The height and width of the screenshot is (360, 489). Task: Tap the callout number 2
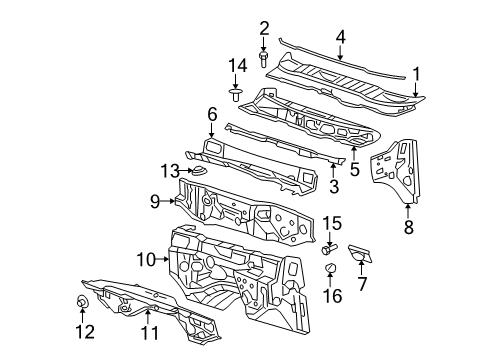[265, 27]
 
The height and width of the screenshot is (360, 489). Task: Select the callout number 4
[341, 39]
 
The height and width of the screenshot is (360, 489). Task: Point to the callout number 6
[212, 115]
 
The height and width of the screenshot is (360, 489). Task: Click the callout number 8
[407, 226]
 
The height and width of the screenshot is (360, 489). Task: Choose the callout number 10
[146, 260]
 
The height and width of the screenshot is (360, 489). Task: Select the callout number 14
[236, 65]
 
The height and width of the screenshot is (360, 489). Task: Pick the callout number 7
[362, 284]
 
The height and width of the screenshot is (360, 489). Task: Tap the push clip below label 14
[236, 95]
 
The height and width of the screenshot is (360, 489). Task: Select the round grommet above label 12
[83, 301]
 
